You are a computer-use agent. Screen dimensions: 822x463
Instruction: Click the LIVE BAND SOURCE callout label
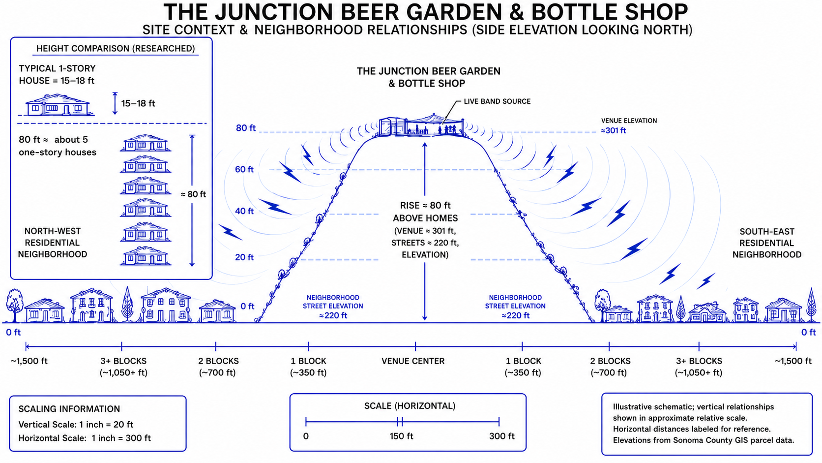[497, 101]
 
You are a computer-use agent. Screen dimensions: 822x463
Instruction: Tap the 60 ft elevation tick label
[244, 170]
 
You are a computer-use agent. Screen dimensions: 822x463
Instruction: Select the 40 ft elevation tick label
[244, 211]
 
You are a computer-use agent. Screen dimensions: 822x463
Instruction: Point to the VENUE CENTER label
[413, 361]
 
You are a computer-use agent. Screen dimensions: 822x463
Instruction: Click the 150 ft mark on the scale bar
[400, 422]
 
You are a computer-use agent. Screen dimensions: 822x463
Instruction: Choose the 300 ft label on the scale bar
[501, 436]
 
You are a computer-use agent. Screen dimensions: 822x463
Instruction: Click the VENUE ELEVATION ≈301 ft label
[629, 125]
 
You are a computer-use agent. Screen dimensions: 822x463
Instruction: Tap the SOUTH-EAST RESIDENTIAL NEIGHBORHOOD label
[766, 243]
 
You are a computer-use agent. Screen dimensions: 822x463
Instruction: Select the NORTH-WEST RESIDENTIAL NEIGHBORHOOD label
[53, 243]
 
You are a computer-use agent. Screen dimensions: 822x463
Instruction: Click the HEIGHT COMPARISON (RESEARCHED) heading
[115, 49]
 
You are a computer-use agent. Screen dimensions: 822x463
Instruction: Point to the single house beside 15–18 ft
[58, 105]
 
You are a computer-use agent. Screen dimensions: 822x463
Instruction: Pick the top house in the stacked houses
[146, 143]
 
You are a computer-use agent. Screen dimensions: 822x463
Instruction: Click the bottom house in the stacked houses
[146, 255]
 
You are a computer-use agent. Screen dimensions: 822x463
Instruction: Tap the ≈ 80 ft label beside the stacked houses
[193, 194]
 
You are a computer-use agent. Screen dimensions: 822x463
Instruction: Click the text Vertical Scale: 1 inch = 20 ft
[76, 425]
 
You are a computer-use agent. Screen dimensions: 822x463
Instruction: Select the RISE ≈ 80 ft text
[425, 205]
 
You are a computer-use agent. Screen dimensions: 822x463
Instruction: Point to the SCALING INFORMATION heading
[69, 409]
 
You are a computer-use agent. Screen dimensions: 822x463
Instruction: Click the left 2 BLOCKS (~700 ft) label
[218, 367]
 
